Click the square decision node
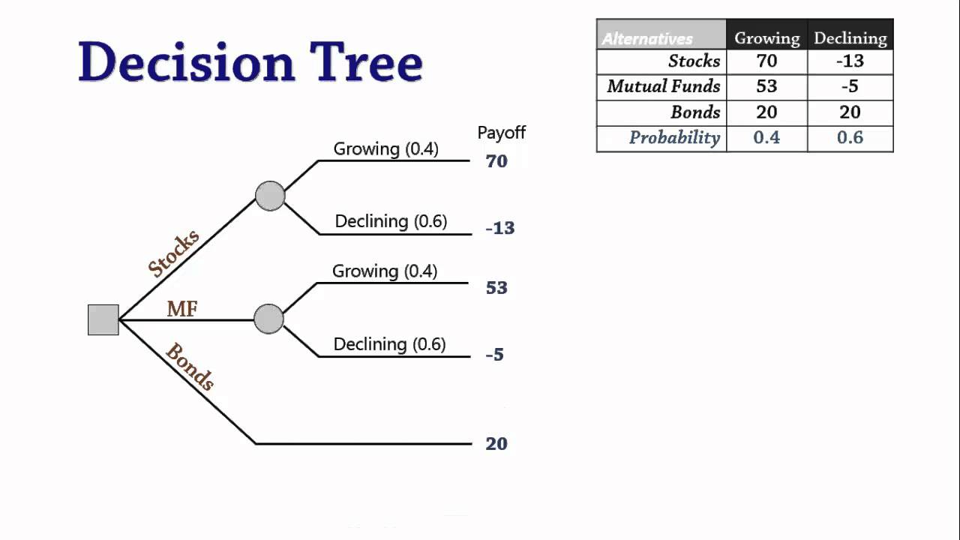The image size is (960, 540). [103, 319]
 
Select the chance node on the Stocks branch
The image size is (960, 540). [270, 196]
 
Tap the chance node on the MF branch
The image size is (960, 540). [268, 319]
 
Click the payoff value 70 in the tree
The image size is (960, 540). [496, 161]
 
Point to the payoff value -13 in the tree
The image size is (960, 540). [499, 228]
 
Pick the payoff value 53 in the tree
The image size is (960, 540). [496, 288]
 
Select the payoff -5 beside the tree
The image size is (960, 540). [494, 355]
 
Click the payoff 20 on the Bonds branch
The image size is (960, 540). [496, 444]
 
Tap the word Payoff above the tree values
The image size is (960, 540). [502, 133]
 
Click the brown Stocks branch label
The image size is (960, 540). [174, 253]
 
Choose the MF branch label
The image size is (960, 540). [182, 308]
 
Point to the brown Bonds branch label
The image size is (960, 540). [190, 367]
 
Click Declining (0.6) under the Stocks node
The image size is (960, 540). [391, 221]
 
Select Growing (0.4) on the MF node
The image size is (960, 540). [385, 271]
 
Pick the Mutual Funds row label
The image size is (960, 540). [663, 86]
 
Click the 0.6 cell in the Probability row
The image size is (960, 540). [850, 138]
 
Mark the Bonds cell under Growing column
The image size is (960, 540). [766, 112]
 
